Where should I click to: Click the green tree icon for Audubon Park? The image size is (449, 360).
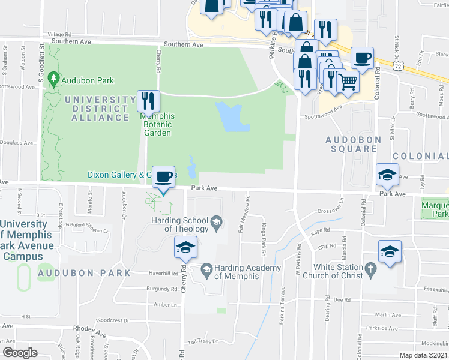coord(54,79)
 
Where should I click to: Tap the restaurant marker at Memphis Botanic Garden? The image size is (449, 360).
coord(148,100)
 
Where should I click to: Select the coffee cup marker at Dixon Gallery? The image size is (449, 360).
coord(163,177)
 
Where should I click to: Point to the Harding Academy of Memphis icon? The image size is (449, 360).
coord(206,268)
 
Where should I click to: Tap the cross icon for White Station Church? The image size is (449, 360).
coord(371,268)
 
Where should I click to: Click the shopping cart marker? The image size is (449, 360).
coord(348,81)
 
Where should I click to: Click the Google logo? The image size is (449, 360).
coord(20,353)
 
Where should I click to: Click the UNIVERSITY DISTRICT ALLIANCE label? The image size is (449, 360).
coord(97,108)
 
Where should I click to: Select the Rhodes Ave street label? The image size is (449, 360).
coord(88,328)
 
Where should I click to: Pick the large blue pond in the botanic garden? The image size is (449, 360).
coord(230,117)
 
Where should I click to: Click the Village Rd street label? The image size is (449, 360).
coord(59,35)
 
